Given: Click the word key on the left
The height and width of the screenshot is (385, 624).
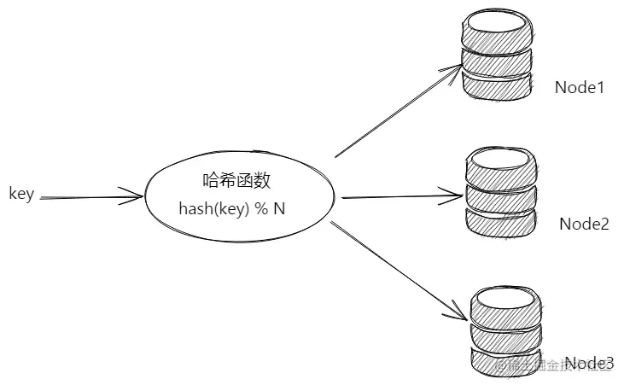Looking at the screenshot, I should [21, 194].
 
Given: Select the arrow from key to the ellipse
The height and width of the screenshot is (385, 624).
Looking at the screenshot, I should [90, 198].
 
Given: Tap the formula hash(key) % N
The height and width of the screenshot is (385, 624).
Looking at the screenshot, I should [231, 208].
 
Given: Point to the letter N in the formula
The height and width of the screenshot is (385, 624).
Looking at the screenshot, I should [279, 208].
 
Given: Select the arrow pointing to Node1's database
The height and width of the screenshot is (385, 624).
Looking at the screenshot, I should [397, 111].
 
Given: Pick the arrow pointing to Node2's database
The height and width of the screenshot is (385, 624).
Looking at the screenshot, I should [401, 195].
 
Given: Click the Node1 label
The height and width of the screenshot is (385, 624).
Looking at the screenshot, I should [580, 86].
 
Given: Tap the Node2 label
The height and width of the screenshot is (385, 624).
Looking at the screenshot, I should [584, 224].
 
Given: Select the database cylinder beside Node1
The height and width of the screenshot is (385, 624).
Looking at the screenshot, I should [497, 53].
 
